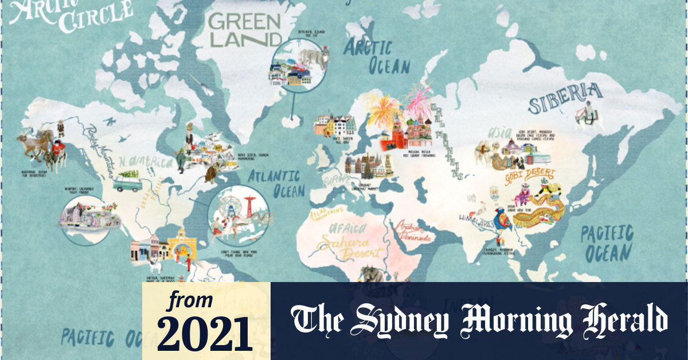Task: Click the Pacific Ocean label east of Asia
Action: coord(607,243)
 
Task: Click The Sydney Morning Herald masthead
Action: coord(479,320)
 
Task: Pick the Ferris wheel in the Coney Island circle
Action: coord(228,205)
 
